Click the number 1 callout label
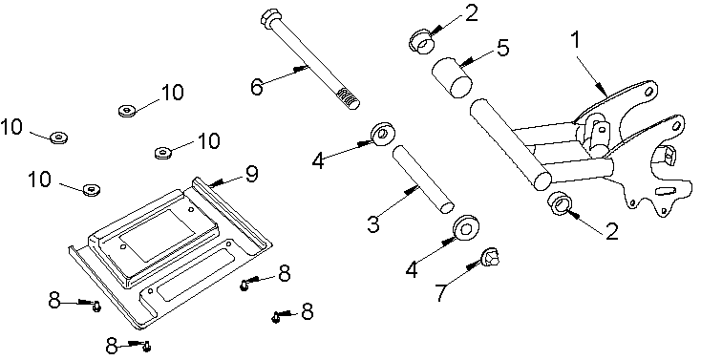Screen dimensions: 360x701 pos(575,41)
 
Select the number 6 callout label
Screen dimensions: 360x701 pos(256,86)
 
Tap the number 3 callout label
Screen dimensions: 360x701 pos(374,224)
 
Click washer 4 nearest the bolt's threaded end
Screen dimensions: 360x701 pos(384,132)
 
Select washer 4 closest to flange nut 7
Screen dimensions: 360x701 pos(467,228)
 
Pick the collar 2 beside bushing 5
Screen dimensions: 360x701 pos(421,41)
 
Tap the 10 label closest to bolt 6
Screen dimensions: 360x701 pos(172,93)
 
